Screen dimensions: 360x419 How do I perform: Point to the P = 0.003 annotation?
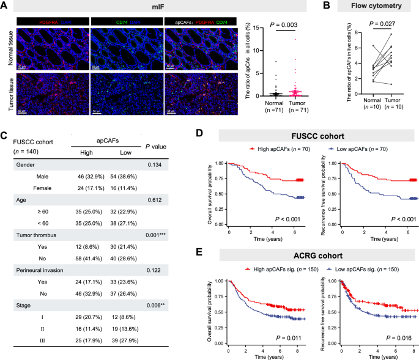coord(291,30)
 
